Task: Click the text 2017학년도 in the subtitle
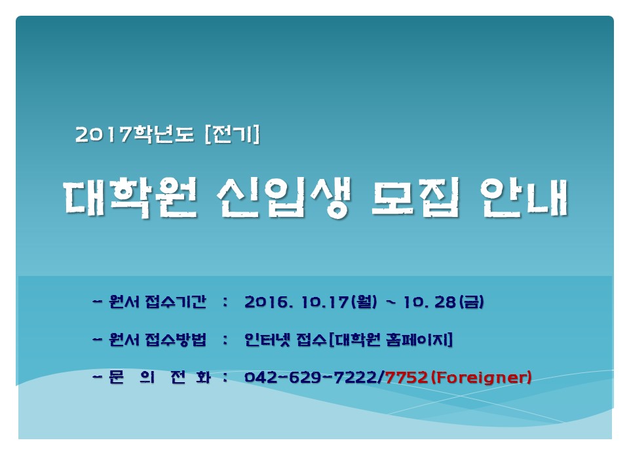click(134, 134)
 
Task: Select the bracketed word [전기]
click(232, 134)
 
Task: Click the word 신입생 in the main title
click(284, 198)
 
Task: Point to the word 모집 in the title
click(415, 198)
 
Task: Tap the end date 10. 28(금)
click(444, 302)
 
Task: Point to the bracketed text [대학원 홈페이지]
click(391, 340)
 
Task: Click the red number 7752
click(406, 378)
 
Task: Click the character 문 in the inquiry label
click(117, 378)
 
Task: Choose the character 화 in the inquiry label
click(203, 378)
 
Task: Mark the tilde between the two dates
click(391, 302)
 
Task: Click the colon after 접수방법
click(225, 340)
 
